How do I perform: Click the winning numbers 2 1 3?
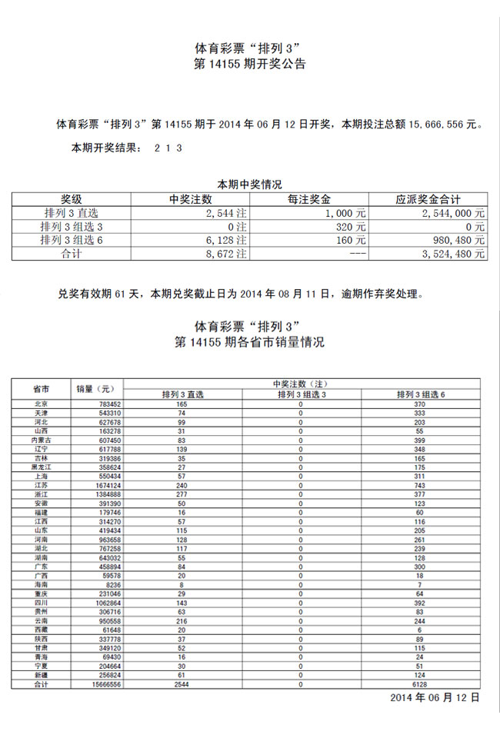168,148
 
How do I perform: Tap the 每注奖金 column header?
315,198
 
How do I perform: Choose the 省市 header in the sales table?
42,388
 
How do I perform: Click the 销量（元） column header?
95,388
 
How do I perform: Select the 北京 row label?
42,404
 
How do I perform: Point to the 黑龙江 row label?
42,467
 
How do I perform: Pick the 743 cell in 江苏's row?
420,486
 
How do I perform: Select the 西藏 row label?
42,630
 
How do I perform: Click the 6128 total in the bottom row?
420,684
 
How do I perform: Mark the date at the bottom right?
435,698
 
